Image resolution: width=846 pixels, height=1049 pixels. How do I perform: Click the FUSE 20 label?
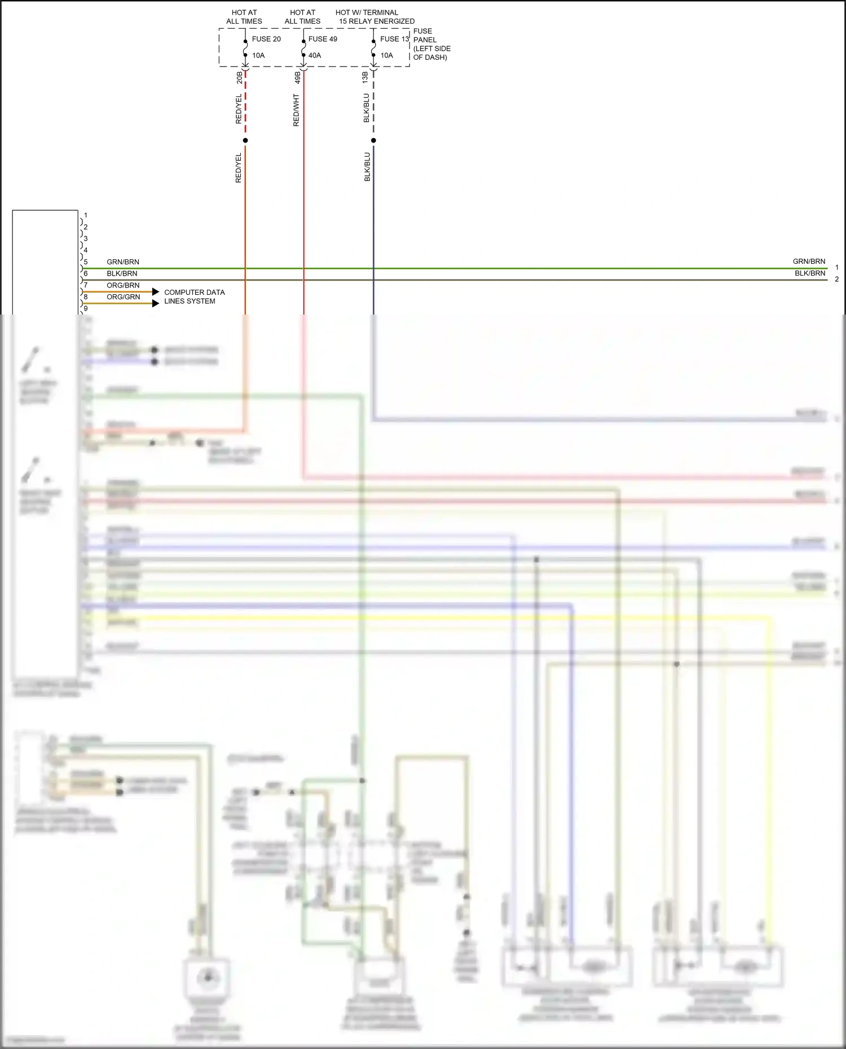coord(266,39)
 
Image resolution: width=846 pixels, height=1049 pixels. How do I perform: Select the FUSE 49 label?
coord(323,39)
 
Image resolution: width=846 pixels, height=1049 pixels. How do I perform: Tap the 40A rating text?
coord(315,55)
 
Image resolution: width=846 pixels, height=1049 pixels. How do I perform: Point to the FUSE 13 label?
coord(394,39)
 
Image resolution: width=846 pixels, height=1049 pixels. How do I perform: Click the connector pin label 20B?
coord(240,77)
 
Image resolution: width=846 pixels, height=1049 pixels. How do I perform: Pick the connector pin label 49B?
coord(298,77)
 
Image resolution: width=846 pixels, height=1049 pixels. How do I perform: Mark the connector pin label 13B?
coord(365,77)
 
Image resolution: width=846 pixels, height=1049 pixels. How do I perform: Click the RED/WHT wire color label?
coord(296,110)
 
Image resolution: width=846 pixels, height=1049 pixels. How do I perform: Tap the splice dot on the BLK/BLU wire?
coord(373,140)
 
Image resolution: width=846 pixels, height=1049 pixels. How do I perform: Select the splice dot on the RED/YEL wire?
coord(245,140)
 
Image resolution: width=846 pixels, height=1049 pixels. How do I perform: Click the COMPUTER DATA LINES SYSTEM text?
coord(194,296)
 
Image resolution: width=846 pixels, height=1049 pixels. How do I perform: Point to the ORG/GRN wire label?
coord(124,297)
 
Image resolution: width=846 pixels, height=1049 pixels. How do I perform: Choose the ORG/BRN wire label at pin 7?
coord(123,285)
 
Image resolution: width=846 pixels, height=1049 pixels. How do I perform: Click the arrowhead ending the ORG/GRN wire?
coord(156,303)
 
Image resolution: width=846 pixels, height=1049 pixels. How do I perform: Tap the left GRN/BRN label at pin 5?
coord(123,262)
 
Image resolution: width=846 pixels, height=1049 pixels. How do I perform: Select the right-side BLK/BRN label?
coord(810,273)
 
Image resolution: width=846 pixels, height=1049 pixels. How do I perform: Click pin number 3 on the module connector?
coord(86,238)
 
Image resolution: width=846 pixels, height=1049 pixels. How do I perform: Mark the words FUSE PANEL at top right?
coord(424,36)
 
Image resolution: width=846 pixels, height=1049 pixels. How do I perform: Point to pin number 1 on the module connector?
coord(86,215)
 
